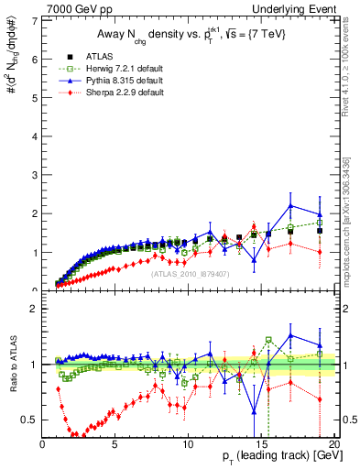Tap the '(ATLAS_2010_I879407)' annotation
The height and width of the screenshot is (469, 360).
tap(189, 272)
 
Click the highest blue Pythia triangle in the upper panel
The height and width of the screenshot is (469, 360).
tap(290, 205)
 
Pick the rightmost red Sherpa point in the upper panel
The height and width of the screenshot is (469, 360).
tap(320, 252)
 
